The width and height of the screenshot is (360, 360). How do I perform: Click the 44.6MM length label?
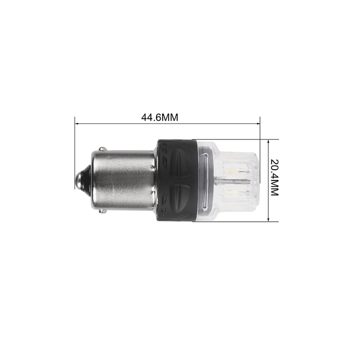(160, 117)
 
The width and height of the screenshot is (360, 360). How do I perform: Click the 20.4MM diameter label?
(274, 177)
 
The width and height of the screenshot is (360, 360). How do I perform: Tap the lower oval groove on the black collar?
(181, 198)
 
